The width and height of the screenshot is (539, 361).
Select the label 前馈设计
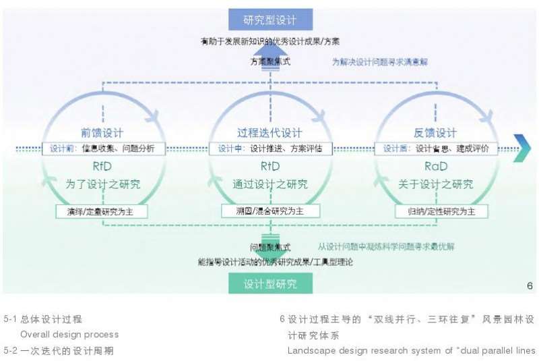click(x=101, y=133)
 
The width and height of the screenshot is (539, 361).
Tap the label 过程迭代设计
click(x=269, y=133)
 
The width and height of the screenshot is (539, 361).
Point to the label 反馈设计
click(x=435, y=133)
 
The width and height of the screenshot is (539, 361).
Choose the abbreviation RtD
click(x=269, y=166)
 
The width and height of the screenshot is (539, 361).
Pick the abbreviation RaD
click(x=435, y=166)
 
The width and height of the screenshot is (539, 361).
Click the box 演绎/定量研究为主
click(x=101, y=211)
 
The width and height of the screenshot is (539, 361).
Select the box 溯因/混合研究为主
click(x=269, y=211)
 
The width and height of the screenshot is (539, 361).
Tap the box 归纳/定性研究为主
click(x=441, y=211)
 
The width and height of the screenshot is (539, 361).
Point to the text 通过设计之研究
click(x=269, y=184)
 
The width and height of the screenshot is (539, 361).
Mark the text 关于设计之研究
click(x=435, y=184)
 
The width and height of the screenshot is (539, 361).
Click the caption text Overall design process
click(x=69, y=335)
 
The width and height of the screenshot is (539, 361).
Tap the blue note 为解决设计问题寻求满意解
click(x=380, y=61)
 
